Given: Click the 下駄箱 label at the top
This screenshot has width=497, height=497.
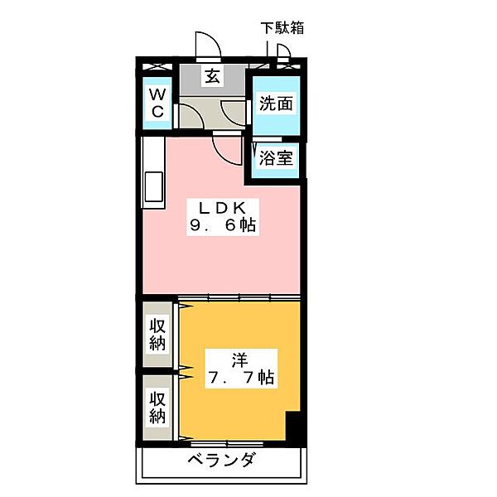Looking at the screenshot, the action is [x=282, y=28].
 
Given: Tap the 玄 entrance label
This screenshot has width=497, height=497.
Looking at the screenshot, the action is [x=212, y=76].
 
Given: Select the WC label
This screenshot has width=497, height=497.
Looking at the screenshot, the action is [x=157, y=103].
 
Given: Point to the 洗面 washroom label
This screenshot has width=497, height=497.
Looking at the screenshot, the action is [x=276, y=104].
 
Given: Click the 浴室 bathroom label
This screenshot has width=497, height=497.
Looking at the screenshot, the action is [x=276, y=158].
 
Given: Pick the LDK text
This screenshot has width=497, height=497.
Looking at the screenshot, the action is [x=223, y=208].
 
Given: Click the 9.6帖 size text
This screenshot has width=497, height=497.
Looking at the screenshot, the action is [x=223, y=225].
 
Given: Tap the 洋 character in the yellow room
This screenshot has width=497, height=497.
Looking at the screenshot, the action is [x=239, y=360].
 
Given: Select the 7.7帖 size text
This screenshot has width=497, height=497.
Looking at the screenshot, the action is [x=241, y=378].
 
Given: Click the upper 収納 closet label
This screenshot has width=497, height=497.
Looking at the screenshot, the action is [x=157, y=335].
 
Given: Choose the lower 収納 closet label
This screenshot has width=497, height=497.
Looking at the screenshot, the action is [x=157, y=408].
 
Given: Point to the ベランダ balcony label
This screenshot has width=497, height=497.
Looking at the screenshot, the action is [x=221, y=459].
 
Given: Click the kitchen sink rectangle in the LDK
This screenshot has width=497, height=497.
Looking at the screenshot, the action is [x=154, y=186].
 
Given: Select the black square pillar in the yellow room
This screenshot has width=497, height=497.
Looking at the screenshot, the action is [x=293, y=425].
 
